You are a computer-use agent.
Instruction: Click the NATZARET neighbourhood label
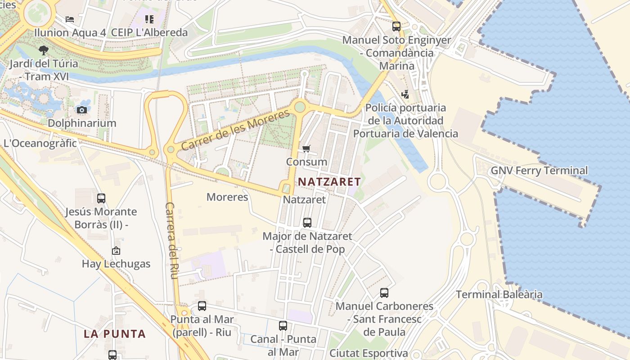pos(329,182)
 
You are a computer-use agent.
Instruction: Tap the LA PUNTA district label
pos(115,334)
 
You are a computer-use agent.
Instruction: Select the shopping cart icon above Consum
pos(306,148)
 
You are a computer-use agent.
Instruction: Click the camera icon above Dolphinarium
pos(81,110)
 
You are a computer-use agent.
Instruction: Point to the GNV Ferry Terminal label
pos(539,171)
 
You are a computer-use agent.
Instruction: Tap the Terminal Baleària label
pos(499,295)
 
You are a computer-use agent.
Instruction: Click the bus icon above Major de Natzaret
pos(307,222)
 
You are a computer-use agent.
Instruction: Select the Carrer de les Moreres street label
pos(235,130)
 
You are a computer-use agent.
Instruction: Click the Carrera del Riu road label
pos(171,240)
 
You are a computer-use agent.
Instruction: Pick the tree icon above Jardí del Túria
pos(43,50)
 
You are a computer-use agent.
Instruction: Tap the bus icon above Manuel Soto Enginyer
pos(396,27)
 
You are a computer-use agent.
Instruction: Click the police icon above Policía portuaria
pos(405,94)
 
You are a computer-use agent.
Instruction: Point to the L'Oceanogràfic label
pos(40,144)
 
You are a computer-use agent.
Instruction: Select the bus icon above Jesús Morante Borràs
pos(101,198)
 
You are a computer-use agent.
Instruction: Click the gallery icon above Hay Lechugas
pos(116,251)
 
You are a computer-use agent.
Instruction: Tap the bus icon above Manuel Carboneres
pos(384,293)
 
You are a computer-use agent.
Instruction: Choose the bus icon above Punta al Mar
pos(202,306)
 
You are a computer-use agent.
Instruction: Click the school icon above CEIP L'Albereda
pos(149,19)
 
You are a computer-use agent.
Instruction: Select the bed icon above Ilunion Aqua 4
pos(70,19)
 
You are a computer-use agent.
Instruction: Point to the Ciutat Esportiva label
pos(369,353)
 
